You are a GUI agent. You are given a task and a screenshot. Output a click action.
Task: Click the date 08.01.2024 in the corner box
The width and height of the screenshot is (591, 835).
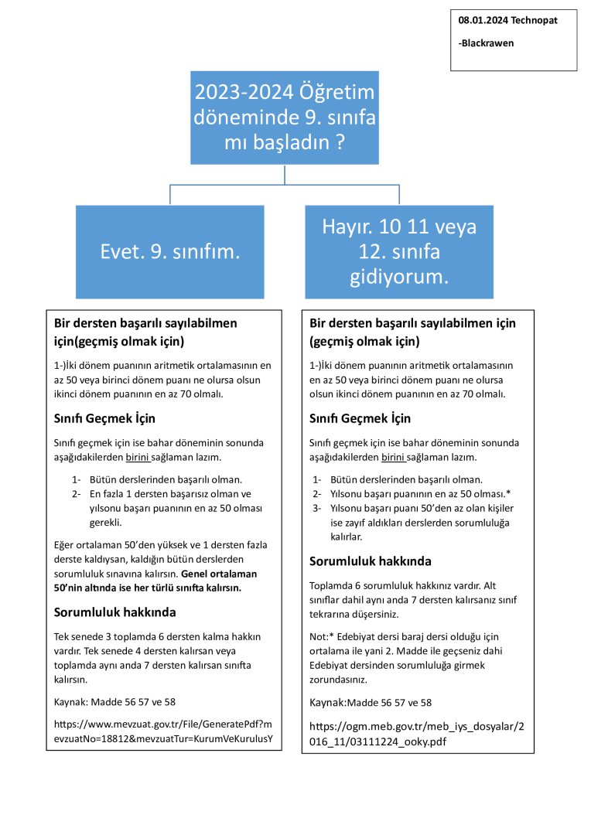click(481, 20)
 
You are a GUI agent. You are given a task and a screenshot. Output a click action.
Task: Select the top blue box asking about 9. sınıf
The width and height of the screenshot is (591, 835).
click(285, 117)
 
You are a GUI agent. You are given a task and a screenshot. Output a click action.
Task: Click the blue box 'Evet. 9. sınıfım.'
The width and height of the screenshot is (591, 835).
click(170, 252)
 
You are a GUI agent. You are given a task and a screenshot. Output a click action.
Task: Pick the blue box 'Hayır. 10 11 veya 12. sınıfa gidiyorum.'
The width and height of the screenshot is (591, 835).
click(399, 252)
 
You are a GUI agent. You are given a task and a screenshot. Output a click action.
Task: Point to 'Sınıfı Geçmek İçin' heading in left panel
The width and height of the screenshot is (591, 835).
click(104, 418)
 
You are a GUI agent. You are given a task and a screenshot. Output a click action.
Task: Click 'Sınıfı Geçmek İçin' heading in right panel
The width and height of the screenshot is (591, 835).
click(360, 418)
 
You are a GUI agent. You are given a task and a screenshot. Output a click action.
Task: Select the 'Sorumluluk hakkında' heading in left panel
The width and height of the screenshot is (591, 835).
click(114, 612)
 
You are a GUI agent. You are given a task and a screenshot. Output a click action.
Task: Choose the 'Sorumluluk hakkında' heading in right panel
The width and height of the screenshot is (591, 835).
click(370, 561)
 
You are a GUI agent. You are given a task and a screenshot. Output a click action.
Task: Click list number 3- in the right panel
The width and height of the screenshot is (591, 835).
click(317, 508)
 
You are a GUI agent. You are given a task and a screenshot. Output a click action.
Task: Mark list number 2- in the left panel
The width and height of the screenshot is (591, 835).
click(77, 493)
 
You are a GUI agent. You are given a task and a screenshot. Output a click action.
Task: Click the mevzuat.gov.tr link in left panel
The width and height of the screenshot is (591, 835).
click(163, 731)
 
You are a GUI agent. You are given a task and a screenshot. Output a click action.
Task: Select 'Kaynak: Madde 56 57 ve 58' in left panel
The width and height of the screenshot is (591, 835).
click(114, 702)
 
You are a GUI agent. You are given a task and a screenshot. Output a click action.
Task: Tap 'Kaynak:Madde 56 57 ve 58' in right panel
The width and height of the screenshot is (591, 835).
click(371, 703)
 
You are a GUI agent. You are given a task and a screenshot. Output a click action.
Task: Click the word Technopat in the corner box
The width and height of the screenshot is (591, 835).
click(532, 20)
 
